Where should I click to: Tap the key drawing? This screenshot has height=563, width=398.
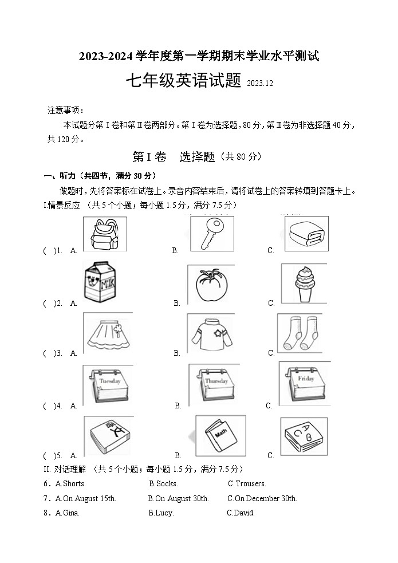point(211,233)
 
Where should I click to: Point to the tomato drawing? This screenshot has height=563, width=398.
point(211,284)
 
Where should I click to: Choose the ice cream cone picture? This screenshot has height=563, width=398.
point(304,283)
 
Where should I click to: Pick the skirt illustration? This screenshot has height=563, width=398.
point(108,334)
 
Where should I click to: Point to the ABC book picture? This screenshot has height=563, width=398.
point(304,437)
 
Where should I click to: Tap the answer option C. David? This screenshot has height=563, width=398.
point(241,513)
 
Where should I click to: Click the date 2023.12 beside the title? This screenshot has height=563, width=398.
point(261,84)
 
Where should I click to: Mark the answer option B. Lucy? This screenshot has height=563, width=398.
point(161,513)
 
